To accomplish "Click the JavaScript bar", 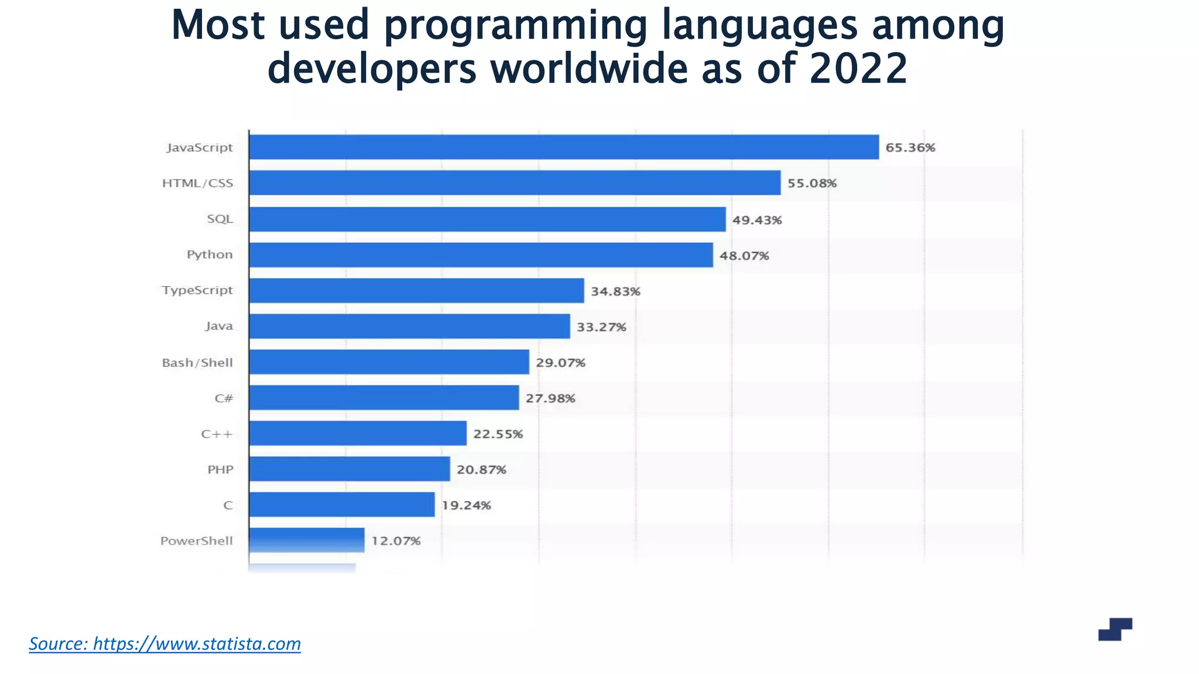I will (563, 147).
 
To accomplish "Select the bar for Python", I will (481, 255).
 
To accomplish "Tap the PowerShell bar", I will (306, 540).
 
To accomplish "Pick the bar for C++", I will (358, 433).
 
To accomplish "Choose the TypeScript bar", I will (416, 291).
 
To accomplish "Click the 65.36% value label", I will (910, 147).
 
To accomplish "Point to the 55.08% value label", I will (811, 183).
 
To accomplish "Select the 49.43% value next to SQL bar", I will (757, 220).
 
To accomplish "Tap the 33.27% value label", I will (601, 327).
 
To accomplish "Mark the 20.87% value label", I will (481, 470).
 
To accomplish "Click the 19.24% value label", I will (466, 505).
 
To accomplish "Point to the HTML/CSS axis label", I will (197, 183).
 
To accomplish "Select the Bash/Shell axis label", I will (197, 363).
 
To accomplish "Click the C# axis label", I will (224, 398).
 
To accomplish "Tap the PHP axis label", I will (220, 470).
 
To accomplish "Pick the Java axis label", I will (219, 326).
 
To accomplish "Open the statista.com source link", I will (165, 644).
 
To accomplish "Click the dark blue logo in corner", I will (1115, 630).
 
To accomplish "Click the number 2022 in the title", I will (858, 68).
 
